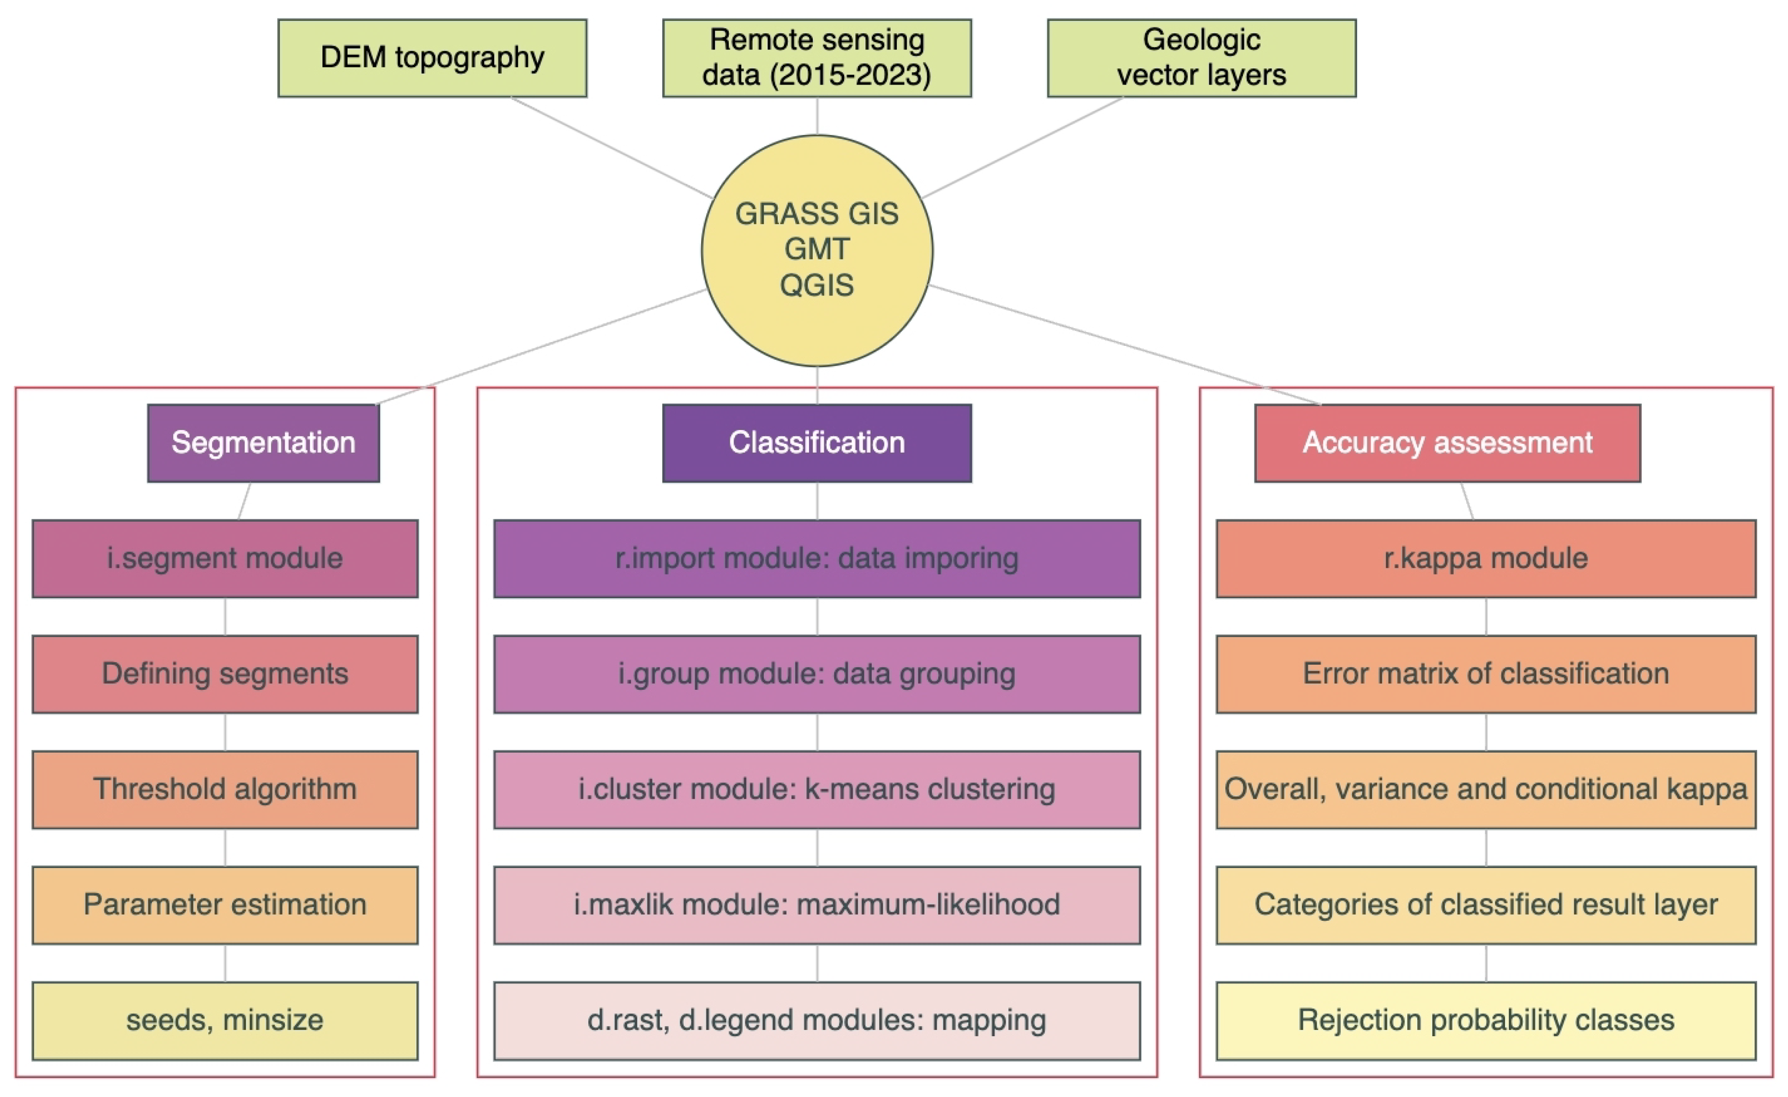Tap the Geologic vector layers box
(x=1201, y=58)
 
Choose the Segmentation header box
(x=263, y=443)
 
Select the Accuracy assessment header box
(x=1447, y=443)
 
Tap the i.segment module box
(x=225, y=558)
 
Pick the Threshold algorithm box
(x=225, y=789)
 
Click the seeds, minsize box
(x=225, y=1020)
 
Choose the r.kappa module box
(x=1486, y=558)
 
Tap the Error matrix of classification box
(x=1486, y=674)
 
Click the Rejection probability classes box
(x=1486, y=1020)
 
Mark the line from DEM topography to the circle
(x=611, y=147)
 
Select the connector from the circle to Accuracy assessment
(x=1125, y=345)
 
